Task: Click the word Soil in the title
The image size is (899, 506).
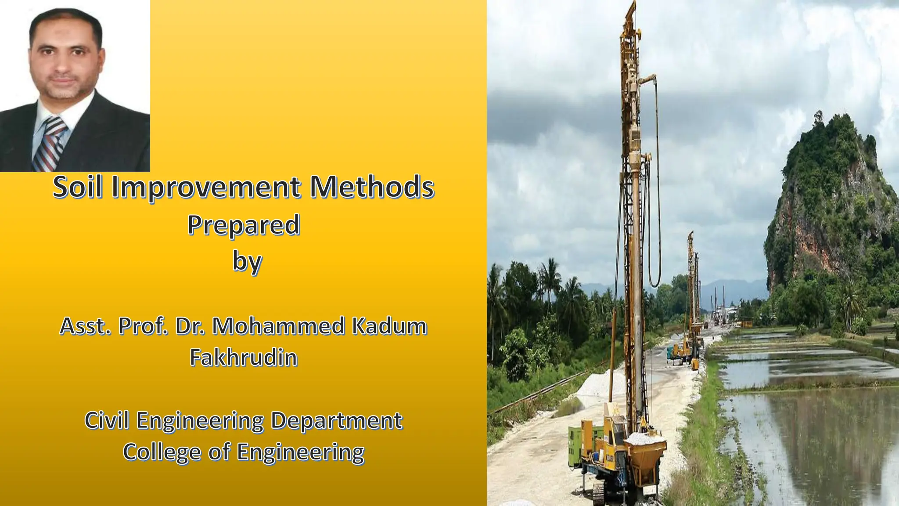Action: coord(77,187)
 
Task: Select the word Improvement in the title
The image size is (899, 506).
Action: coord(206,188)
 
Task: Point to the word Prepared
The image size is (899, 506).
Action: coord(244,225)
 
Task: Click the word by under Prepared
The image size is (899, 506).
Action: coord(247,262)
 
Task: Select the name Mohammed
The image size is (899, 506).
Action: coord(278,326)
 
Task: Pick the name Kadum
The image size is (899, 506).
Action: coord(389,326)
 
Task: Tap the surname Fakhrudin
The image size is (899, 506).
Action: coord(244,357)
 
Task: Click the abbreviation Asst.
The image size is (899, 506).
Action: coord(85,326)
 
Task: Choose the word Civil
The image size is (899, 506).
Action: coord(107,420)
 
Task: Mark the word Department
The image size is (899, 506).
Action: coord(336,420)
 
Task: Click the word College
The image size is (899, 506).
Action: coord(161,452)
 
